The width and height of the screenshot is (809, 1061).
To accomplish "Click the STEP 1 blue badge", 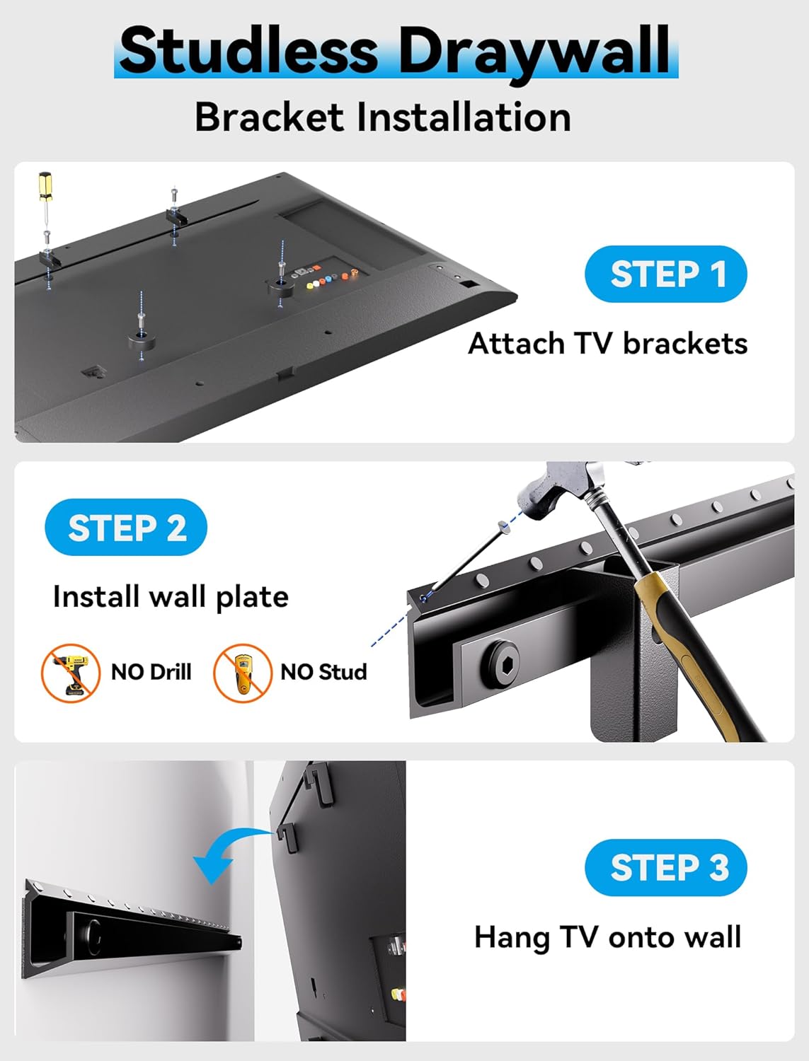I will [665, 274].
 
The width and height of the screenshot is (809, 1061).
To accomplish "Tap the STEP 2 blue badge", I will [126, 528].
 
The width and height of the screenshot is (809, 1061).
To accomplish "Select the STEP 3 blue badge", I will [665, 867].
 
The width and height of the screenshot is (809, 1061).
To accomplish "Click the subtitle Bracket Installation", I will [382, 117].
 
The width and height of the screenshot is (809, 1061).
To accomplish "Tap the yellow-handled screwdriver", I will [45, 198].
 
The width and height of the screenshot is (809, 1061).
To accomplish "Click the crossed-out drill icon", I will [70, 673].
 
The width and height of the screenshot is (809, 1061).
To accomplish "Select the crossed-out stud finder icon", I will [242, 673].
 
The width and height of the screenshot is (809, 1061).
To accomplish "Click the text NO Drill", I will [151, 672].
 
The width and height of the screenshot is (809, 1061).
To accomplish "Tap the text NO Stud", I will [323, 672].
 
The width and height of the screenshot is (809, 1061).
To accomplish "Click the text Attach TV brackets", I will [607, 344].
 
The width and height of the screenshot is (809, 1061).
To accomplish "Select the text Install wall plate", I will [171, 597].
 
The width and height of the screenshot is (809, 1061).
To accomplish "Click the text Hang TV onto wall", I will [607, 937].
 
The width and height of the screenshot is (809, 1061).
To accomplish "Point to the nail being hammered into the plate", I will [467, 559].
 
